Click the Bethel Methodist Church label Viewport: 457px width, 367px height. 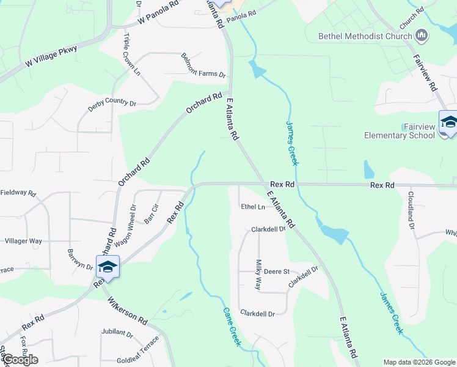point(365,36)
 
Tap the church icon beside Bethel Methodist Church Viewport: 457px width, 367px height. point(421,36)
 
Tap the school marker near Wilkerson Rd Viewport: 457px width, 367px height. point(108,267)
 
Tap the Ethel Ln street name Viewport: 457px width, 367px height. point(253,207)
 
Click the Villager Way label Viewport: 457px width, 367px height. point(23,241)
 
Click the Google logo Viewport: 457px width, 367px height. point(20,359)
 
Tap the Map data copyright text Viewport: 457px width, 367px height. point(419,362)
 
